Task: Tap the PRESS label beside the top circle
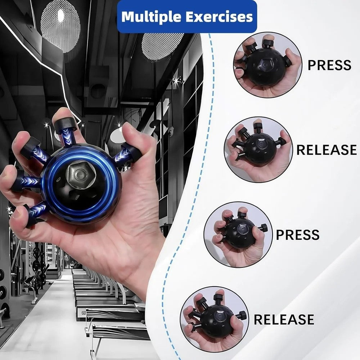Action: tap(329, 65)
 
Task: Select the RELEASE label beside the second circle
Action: tap(327, 150)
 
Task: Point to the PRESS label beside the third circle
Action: tap(298, 235)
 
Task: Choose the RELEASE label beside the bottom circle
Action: tap(284, 319)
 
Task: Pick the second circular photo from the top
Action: tap(258, 150)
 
